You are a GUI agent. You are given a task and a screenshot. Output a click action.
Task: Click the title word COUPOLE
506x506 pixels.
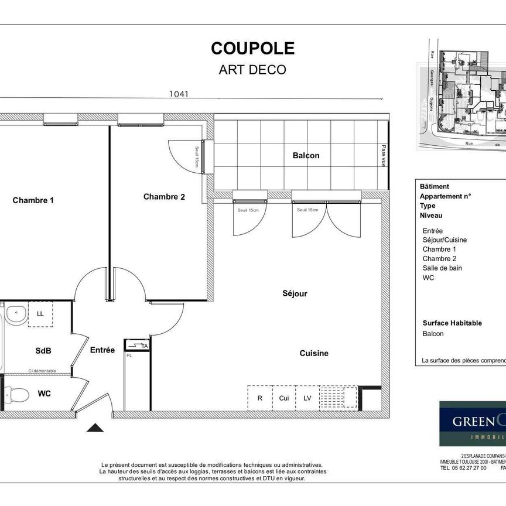click(x=252, y=48)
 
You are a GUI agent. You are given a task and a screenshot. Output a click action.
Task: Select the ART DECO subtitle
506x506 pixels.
click(x=252, y=70)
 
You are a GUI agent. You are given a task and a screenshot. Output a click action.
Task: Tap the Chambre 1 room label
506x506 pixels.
click(x=33, y=200)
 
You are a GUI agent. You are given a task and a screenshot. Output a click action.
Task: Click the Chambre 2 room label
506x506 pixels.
click(x=164, y=197)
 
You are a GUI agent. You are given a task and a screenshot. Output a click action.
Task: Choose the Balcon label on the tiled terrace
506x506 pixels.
click(x=306, y=155)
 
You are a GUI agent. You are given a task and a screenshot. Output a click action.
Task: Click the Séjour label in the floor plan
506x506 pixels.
click(x=295, y=293)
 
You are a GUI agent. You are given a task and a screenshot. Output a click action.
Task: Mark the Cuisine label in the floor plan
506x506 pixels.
click(x=314, y=353)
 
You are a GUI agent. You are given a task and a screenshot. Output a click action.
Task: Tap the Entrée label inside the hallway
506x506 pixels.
click(x=102, y=350)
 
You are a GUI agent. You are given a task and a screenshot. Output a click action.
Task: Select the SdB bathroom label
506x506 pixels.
click(x=43, y=351)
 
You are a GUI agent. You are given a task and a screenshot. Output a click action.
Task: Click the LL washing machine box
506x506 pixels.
click(x=40, y=314)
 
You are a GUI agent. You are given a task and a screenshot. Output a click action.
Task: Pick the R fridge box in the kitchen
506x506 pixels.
click(x=259, y=398)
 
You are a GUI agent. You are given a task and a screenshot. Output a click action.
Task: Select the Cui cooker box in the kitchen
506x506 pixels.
click(x=283, y=398)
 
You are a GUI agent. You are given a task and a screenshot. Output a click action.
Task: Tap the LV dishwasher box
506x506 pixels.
click(x=307, y=398)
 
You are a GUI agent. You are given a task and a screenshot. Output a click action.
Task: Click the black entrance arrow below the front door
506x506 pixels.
click(x=95, y=428)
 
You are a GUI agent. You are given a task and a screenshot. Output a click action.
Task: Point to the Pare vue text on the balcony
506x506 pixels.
click(x=384, y=156)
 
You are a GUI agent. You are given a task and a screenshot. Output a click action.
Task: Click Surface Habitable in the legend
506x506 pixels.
click(x=452, y=323)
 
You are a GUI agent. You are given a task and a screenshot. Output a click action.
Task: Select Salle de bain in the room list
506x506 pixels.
click(x=442, y=268)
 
